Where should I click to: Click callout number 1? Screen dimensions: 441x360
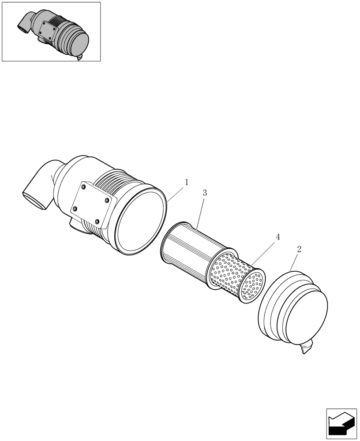pos(187,182)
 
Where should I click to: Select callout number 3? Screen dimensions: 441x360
pos(205,193)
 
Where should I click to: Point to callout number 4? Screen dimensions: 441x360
pos(277,237)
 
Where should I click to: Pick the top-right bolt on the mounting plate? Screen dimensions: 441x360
pos(107,200)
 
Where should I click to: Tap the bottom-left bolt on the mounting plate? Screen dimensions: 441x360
pos(75,208)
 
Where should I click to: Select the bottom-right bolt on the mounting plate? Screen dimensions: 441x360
pos(97,221)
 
